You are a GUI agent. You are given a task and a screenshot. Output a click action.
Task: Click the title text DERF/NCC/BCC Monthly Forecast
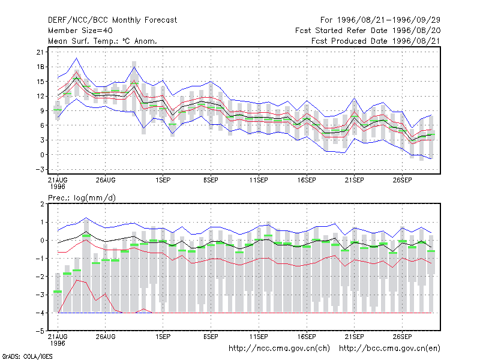coord(112,20)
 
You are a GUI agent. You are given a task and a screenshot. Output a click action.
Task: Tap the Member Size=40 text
coord(80,31)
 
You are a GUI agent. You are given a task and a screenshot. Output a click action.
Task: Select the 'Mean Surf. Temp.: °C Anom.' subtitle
coord(103,41)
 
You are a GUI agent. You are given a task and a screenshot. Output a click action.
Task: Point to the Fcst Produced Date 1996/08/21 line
coord(376,41)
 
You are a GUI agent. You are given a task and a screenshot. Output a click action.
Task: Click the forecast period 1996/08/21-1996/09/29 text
coord(380,20)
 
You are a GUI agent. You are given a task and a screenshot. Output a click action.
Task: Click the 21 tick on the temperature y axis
coord(40,52)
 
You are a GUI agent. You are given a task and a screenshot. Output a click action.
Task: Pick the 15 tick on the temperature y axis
coord(40,82)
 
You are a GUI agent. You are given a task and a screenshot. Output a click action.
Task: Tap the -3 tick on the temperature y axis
coord(40,169)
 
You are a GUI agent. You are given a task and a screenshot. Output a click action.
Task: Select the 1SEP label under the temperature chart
coord(163,181)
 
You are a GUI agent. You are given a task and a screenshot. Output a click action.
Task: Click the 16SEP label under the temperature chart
coord(307,181)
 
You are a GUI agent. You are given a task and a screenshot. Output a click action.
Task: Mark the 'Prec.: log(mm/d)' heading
coord(82,198)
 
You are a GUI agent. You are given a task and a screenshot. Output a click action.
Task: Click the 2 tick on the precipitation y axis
coord(42,204)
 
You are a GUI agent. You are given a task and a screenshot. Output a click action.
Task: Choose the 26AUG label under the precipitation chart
coord(106,337)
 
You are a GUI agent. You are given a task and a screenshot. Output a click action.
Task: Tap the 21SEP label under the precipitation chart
coord(354,337)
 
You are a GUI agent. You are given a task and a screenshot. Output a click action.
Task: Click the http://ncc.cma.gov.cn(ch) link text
coord(279,349)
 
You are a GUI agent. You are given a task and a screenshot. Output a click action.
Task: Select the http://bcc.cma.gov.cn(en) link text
coord(389,349)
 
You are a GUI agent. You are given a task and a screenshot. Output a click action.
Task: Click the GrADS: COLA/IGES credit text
coord(27,356)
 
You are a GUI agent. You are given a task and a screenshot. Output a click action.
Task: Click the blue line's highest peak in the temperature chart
coord(77,58)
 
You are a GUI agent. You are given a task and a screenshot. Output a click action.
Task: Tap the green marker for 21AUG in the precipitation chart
coord(58,292)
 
